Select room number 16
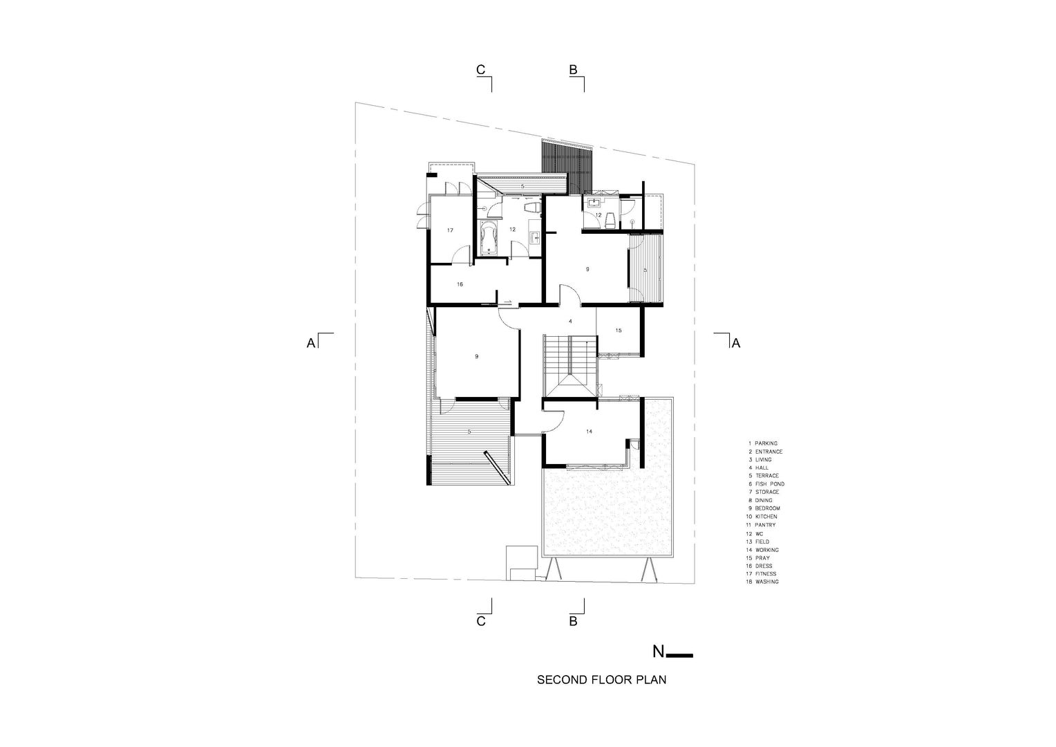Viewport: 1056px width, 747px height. point(460,284)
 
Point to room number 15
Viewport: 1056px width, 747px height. point(619,331)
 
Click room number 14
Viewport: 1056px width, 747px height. point(590,432)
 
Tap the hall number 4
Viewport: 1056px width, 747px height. point(570,322)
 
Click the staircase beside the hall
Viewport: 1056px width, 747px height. point(571,366)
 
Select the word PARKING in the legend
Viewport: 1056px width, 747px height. point(766,443)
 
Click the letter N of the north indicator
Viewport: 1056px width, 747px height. point(658,652)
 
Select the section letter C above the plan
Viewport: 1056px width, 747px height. point(480,69)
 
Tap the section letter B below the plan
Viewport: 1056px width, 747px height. point(573,621)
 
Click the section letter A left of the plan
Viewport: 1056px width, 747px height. point(311,344)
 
